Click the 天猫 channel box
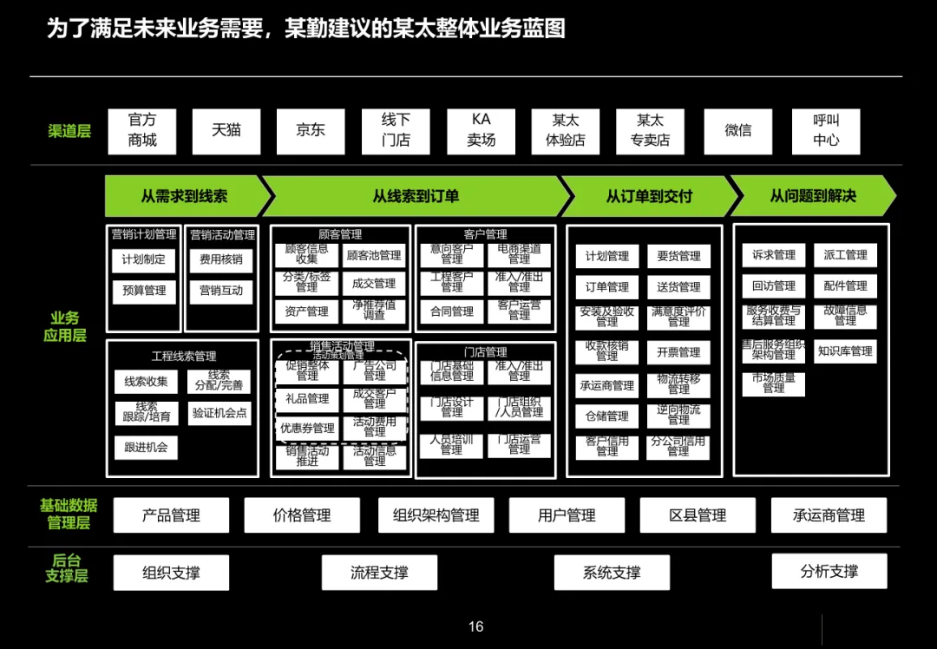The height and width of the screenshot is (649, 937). tap(226, 130)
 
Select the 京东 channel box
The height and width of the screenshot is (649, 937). tap(311, 130)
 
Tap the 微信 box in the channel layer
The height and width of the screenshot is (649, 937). tap(738, 130)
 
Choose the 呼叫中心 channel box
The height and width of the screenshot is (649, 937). tap(826, 130)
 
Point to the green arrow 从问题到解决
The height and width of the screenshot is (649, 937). tap(812, 196)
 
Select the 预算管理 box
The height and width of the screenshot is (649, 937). tap(144, 291)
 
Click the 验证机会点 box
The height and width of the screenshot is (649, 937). tap(220, 413)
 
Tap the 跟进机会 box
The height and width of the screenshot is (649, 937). tap(146, 448)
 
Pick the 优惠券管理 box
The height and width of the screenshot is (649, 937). tap(307, 429)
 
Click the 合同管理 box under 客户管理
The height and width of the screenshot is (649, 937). tap(452, 311)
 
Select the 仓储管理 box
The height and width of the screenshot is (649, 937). tap(606, 416)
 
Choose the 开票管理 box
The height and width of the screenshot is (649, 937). tap(678, 352)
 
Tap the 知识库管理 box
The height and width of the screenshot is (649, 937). tap(845, 351)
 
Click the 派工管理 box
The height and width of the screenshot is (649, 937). tap(845, 255)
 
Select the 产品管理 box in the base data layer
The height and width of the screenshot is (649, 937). tap(172, 515)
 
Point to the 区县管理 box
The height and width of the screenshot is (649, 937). tap(698, 515)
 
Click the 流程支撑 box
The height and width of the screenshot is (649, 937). tap(379, 573)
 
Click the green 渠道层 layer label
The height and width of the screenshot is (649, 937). tap(69, 132)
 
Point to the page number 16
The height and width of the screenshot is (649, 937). tap(475, 626)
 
